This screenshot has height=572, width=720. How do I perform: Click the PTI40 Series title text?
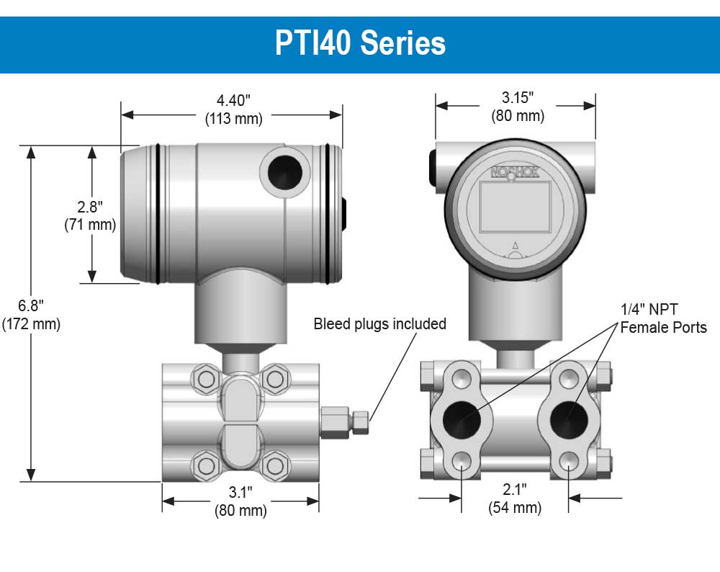point(360,43)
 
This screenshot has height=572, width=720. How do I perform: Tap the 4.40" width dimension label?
point(234,100)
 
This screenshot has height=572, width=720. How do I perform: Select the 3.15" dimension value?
point(518,97)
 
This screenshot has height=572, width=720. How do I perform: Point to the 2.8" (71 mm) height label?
point(90,216)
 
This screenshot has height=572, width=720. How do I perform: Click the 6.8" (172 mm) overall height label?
point(31,315)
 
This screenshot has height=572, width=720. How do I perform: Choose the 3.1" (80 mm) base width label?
point(240,501)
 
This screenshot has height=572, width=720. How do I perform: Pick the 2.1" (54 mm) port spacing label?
point(515,499)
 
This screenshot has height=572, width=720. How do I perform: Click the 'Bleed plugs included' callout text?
point(379,324)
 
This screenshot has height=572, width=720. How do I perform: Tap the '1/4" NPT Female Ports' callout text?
point(664,318)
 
